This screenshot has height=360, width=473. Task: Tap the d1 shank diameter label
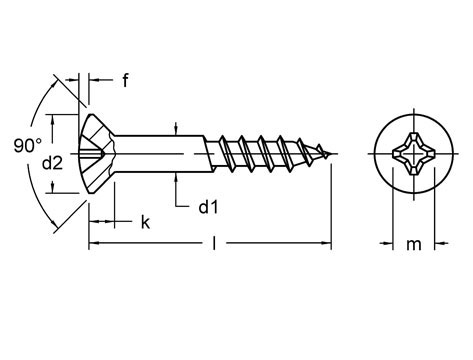(x=209, y=207)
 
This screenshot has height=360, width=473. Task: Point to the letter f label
(x=127, y=81)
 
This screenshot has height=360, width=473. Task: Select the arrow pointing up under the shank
(x=176, y=174)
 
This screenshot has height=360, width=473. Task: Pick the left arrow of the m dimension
(x=386, y=242)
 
